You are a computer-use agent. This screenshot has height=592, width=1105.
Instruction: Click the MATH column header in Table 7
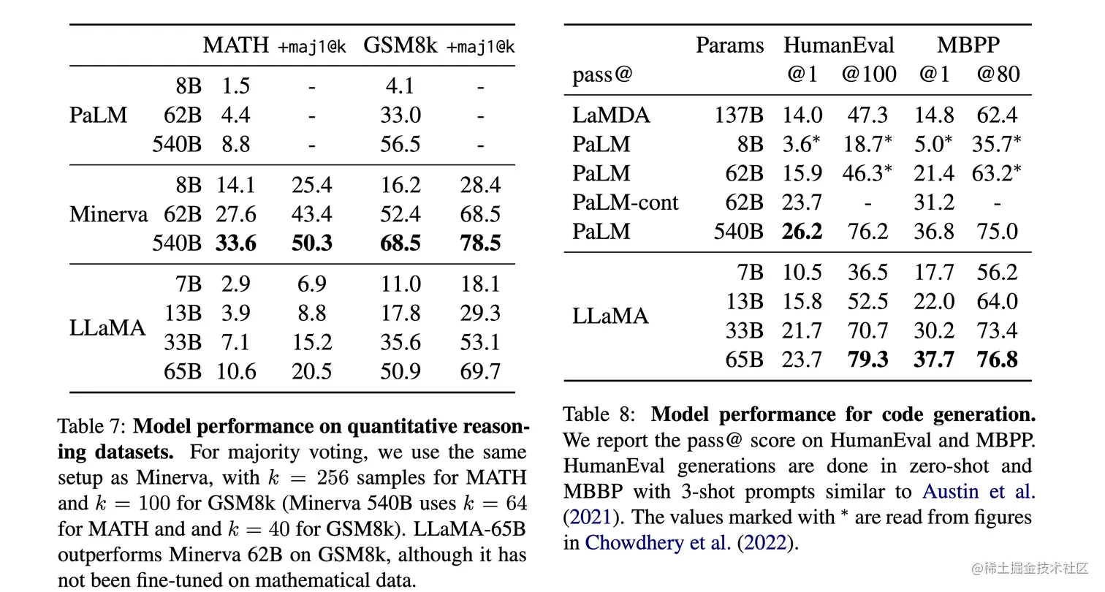click(x=235, y=45)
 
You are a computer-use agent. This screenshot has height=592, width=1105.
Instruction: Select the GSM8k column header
click(x=400, y=45)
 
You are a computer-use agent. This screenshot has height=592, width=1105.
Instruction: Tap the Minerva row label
click(x=108, y=214)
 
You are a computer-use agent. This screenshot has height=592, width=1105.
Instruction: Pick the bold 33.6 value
click(x=236, y=243)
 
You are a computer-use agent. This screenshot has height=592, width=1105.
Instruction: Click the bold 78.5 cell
click(x=480, y=243)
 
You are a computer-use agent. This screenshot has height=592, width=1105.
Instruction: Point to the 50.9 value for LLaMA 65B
click(x=400, y=371)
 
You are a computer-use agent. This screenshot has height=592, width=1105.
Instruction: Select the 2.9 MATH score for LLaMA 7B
click(x=236, y=284)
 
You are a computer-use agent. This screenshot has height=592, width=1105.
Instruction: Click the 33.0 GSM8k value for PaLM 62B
click(x=400, y=115)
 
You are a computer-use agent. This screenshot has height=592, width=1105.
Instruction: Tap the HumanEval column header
click(x=839, y=45)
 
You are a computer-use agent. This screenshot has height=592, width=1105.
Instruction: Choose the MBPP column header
click(x=968, y=45)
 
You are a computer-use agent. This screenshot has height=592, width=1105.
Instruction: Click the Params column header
click(x=729, y=45)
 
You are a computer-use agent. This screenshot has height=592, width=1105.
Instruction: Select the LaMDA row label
click(x=611, y=115)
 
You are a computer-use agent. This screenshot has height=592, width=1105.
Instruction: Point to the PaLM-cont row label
click(x=625, y=202)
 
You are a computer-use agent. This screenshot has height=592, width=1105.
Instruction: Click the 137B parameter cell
click(x=738, y=115)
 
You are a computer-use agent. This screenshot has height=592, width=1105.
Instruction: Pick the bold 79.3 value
click(x=867, y=360)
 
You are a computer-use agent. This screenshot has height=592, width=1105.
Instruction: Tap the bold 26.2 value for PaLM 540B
click(x=802, y=232)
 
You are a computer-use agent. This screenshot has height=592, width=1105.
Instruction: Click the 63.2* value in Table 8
click(x=997, y=173)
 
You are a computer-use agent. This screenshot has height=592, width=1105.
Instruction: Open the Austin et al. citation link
click(x=979, y=491)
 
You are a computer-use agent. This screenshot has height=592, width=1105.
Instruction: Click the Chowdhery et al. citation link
click(x=658, y=542)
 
